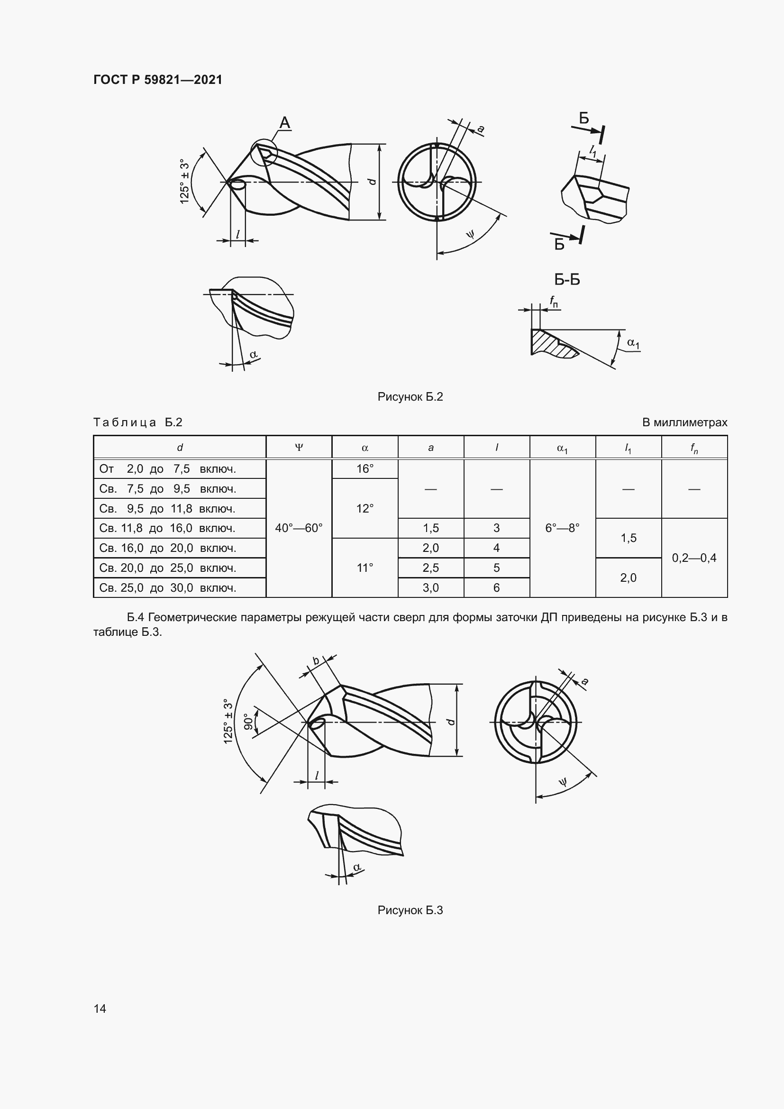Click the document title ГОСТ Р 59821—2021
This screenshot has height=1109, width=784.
click(157, 80)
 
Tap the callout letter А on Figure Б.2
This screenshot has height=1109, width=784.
click(285, 123)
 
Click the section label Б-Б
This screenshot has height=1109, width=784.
click(567, 280)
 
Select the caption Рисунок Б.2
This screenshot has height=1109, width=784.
click(410, 397)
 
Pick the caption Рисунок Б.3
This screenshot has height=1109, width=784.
click(410, 910)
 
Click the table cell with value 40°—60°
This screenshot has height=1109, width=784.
click(299, 528)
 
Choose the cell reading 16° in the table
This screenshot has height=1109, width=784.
click(365, 468)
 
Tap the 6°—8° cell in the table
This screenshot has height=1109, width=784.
click(563, 528)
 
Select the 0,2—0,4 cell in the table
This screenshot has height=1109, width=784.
click(694, 558)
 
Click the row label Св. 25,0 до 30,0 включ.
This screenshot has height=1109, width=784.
click(167, 588)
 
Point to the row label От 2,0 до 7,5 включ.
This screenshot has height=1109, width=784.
click(167, 468)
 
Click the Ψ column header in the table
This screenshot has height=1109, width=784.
click(299, 447)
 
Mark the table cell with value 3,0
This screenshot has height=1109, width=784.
click(430, 588)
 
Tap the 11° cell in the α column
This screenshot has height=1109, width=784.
click(365, 568)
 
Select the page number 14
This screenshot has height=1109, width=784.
click(100, 1008)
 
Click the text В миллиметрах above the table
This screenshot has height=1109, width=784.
click(684, 422)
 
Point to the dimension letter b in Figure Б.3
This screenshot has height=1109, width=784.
click(316, 661)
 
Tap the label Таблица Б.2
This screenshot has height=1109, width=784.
click(137, 422)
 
